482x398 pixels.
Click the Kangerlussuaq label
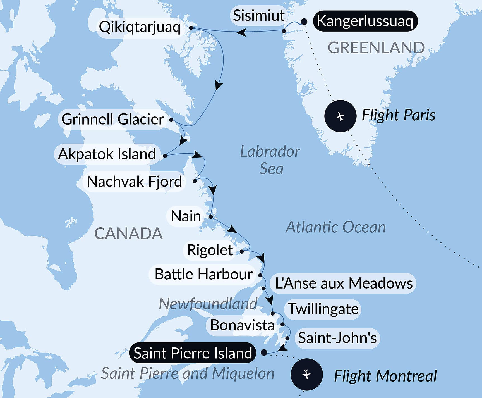click(x=365, y=21)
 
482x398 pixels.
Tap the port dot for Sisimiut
click(x=284, y=31)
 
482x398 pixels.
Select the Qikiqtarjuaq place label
click(x=140, y=27)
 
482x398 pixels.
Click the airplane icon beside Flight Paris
click(x=340, y=116)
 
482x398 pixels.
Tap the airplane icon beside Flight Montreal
click(x=306, y=374)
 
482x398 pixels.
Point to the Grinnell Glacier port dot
click(x=171, y=120)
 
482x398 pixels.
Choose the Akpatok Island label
click(x=107, y=154)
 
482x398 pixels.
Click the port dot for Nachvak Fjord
click(x=195, y=181)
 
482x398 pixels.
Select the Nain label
click(x=186, y=216)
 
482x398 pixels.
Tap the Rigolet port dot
click(x=242, y=252)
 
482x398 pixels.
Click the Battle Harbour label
click(x=203, y=274)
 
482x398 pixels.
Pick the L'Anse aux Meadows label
click(x=344, y=283)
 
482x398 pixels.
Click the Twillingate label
click(x=323, y=309)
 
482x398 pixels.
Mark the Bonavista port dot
click(x=282, y=325)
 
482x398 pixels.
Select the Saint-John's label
click(x=337, y=338)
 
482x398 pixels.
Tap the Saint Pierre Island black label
click(x=193, y=353)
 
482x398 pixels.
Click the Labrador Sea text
click(x=270, y=160)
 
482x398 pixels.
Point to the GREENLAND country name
click(x=376, y=48)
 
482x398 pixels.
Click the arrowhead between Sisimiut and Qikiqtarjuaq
click(x=241, y=32)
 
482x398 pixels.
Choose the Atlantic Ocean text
click(x=335, y=227)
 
